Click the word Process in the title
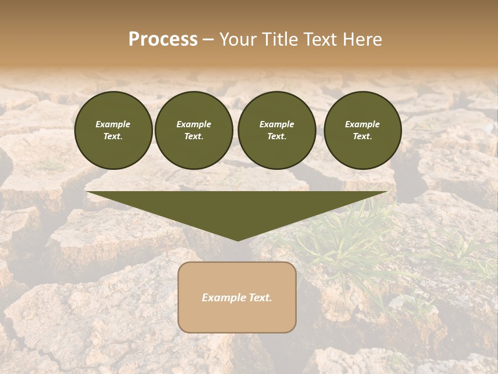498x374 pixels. click(x=163, y=39)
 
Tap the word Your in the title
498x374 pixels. click(x=236, y=39)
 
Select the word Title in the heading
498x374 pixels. click(x=279, y=39)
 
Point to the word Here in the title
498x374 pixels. click(x=363, y=39)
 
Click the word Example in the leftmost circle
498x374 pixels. click(x=113, y=124)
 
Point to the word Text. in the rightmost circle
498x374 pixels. click(x=362, y=137)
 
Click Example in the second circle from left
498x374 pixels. click(x=193, y=124)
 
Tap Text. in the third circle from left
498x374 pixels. click(x=276, y=137)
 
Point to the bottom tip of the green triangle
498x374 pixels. click(x=238, y=239)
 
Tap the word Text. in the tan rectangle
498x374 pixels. click(x=260, y=298)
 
